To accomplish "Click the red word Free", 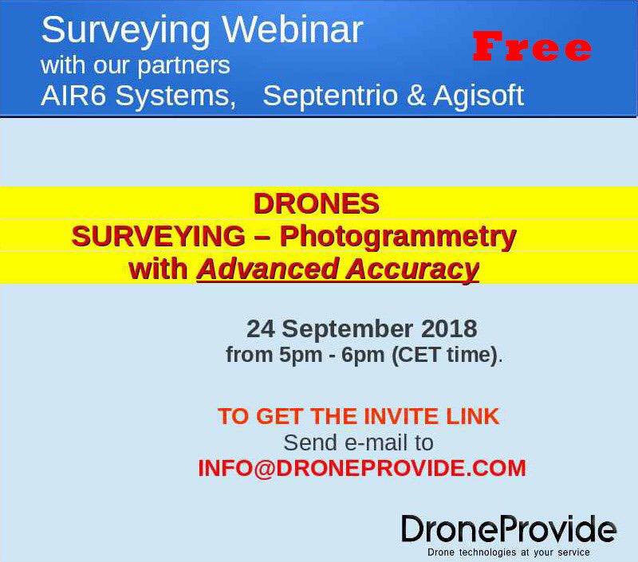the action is pos(532,46).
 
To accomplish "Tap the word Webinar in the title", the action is pos(293,29).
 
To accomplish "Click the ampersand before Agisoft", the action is pos(415,96).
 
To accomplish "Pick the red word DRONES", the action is pos(316,203).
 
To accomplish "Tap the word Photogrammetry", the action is pos(398,238).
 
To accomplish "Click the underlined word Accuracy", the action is pos(412,270).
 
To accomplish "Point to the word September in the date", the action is pos(347,330).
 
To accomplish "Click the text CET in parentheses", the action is pos(420,355).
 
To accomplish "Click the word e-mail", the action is pos(376,442).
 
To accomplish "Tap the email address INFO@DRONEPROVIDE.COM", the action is pos(362,468).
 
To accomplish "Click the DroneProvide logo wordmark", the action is pos(509,529).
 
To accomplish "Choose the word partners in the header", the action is pos(183,67).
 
